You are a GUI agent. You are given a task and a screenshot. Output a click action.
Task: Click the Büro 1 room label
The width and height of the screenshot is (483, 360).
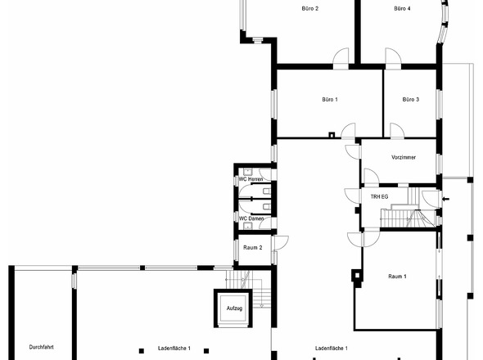pos(330,100)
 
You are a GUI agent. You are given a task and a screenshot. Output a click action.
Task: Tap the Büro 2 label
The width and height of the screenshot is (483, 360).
pos(310,9)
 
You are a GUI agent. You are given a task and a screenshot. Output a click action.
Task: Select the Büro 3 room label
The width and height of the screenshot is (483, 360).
pos(411,100)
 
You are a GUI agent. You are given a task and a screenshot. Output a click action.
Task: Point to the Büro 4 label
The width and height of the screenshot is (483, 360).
pos(402,9)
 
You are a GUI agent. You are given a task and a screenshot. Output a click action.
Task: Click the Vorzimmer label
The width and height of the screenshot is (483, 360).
pos(404,157)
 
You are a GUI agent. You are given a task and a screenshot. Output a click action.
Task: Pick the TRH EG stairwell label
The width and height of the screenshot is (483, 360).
pos(379,196)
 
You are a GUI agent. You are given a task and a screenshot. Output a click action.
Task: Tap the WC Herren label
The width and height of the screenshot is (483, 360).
pos(251,179)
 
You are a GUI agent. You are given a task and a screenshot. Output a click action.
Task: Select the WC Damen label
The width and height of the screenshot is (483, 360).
pos(251,218)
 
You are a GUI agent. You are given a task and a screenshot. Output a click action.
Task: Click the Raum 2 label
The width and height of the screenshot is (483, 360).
pos(253,248)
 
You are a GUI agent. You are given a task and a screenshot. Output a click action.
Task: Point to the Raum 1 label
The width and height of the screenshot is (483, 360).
pos(397,277)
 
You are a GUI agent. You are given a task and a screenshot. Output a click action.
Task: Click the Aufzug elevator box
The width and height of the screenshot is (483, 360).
pos(234,308)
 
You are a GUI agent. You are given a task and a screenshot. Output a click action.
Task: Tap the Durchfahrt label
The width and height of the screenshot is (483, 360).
pos(41,347)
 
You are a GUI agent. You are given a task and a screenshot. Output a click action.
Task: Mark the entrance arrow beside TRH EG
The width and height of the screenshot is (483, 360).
pos(445,200)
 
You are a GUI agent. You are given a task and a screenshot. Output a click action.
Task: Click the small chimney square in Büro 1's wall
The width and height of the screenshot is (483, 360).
pos(332,134)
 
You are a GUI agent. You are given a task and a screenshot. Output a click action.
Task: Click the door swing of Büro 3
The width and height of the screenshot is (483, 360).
pos(397,130)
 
